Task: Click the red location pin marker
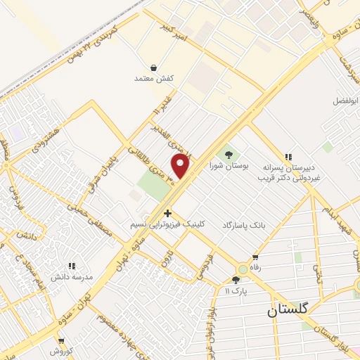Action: point(181,166)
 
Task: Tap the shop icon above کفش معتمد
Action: point(153,67)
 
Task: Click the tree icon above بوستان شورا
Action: point(228,154)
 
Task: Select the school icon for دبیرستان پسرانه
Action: point(288,157)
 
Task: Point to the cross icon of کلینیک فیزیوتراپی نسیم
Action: point(167,212)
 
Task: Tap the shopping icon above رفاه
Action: point(255,257)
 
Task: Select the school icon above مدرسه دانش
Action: point(71,266)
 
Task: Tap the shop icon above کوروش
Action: point(61,340)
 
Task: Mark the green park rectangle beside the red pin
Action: point(155,185)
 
